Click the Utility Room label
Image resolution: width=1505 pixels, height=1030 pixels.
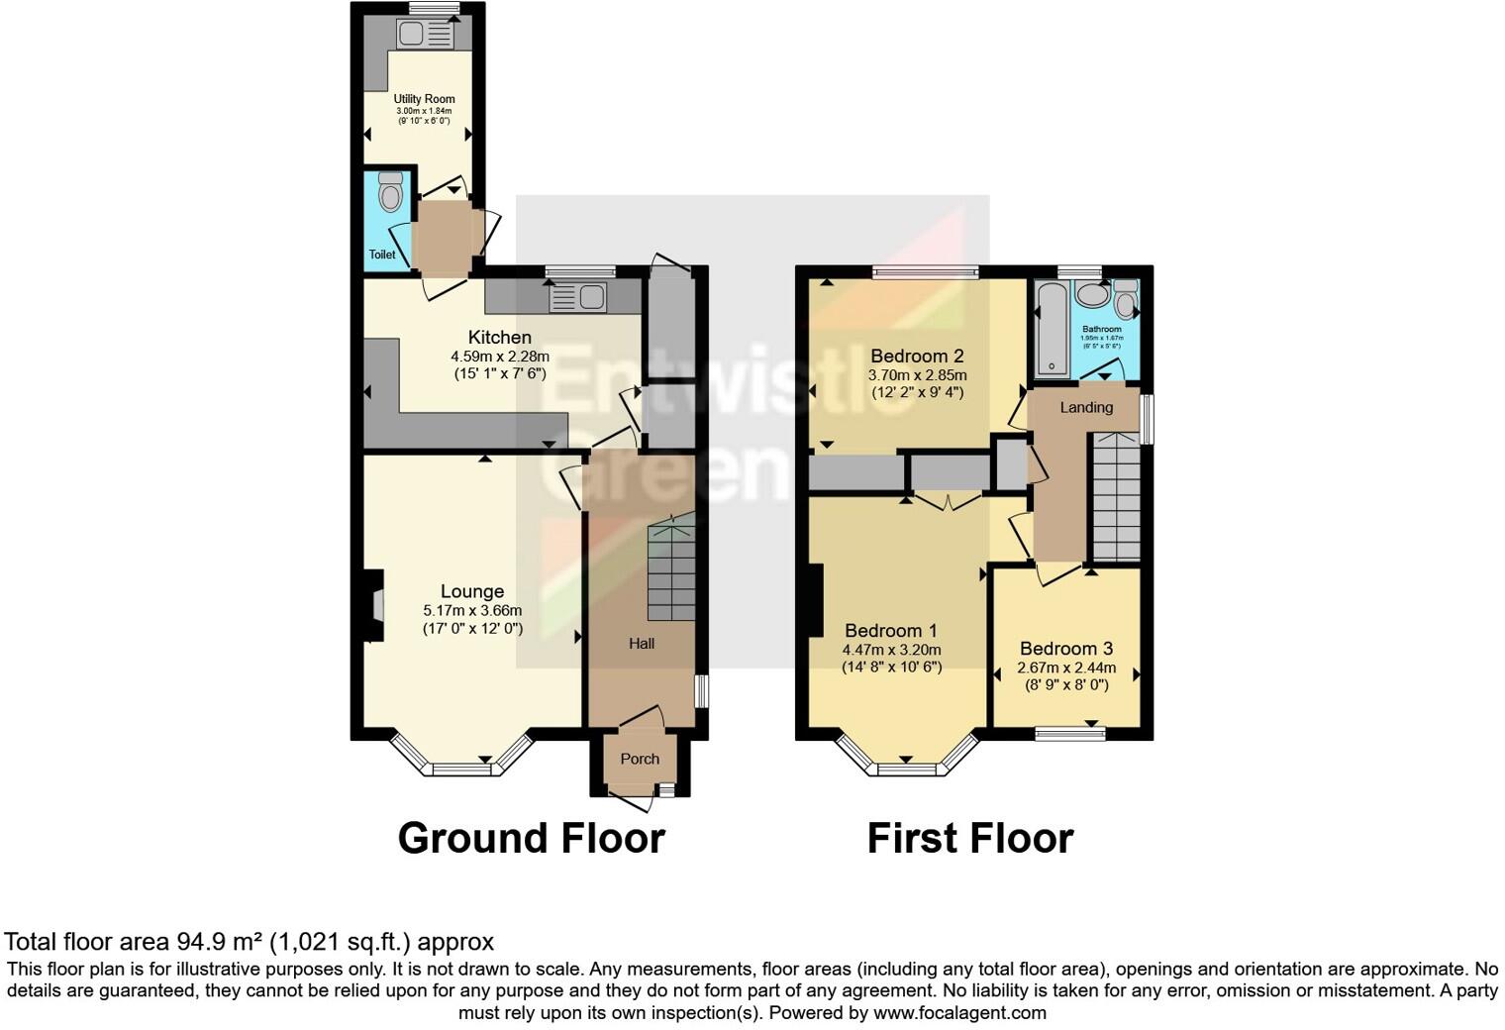[x=424, y=99]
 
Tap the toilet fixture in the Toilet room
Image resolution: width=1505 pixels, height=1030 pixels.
[x=391, y=193]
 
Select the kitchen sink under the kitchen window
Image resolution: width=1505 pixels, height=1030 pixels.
[x=577, y=296]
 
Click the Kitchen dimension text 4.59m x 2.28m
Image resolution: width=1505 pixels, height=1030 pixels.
[x=500, y=357]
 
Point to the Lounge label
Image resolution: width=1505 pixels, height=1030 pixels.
[x=471, y=591]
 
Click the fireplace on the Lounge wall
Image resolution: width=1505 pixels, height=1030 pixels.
[x=372, y=606]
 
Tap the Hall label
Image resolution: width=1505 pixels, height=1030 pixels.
[x=642, y=644]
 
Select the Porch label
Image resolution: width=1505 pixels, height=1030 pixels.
[x=640, y=759]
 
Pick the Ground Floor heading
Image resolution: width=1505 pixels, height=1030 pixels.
[x=531, y=838]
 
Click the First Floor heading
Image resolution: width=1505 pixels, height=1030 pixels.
[x=969, y=838]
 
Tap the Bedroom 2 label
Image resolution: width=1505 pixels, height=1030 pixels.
[x=917, y=356]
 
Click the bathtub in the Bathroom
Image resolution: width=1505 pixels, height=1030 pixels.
[x=1051, y=329]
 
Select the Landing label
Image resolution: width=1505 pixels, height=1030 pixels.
[x=1086, y=407]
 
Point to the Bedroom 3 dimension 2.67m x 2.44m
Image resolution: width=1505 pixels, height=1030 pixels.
[x=1065, y=668]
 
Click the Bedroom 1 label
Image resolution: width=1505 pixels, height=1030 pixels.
[x=891, y=631]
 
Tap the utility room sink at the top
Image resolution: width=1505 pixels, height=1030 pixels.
[x=425, y=35]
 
